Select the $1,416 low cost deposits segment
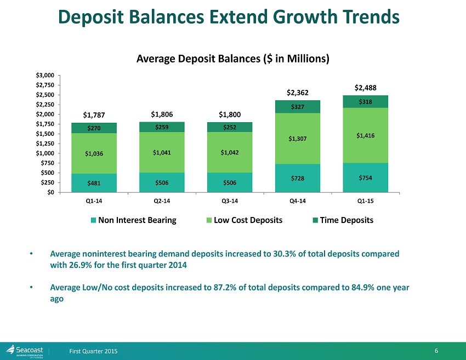pos(366,135)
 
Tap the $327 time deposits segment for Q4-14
pos(298,107)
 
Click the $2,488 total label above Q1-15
pos(366,88)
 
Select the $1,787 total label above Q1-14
pos(94,115)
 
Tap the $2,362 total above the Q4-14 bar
pos(298,93)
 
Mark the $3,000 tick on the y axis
pos(46,75)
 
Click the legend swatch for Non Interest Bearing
pos(94,220)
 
